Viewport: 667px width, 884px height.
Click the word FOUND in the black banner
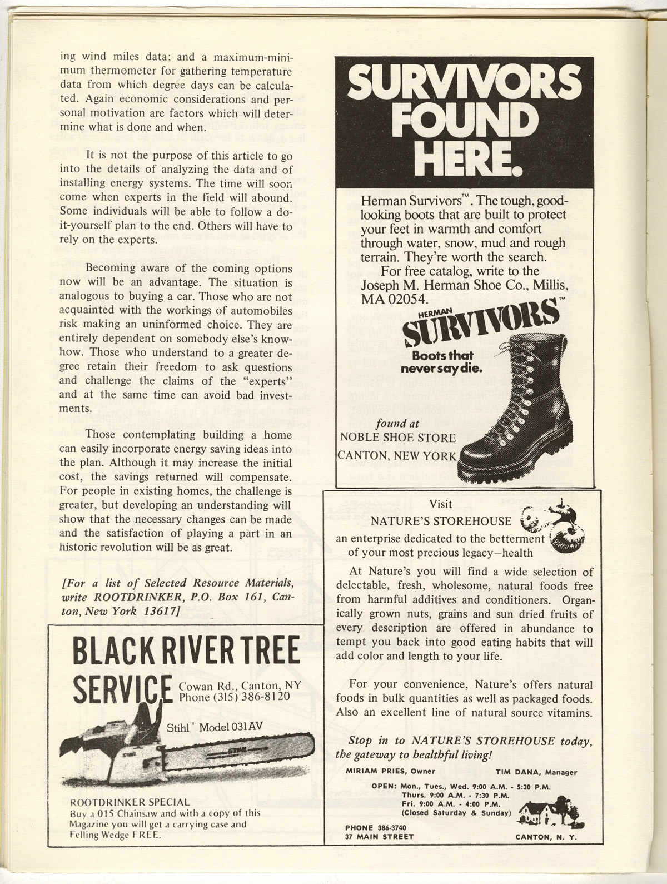465,118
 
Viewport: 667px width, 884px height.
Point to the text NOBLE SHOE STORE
398,437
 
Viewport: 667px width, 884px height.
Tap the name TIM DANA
518,772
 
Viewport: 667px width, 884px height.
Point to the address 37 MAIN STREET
379,836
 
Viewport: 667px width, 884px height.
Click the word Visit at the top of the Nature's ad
441,504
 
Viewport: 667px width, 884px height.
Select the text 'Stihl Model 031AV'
215,727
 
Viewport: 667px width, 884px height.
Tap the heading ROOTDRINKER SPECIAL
131,802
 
